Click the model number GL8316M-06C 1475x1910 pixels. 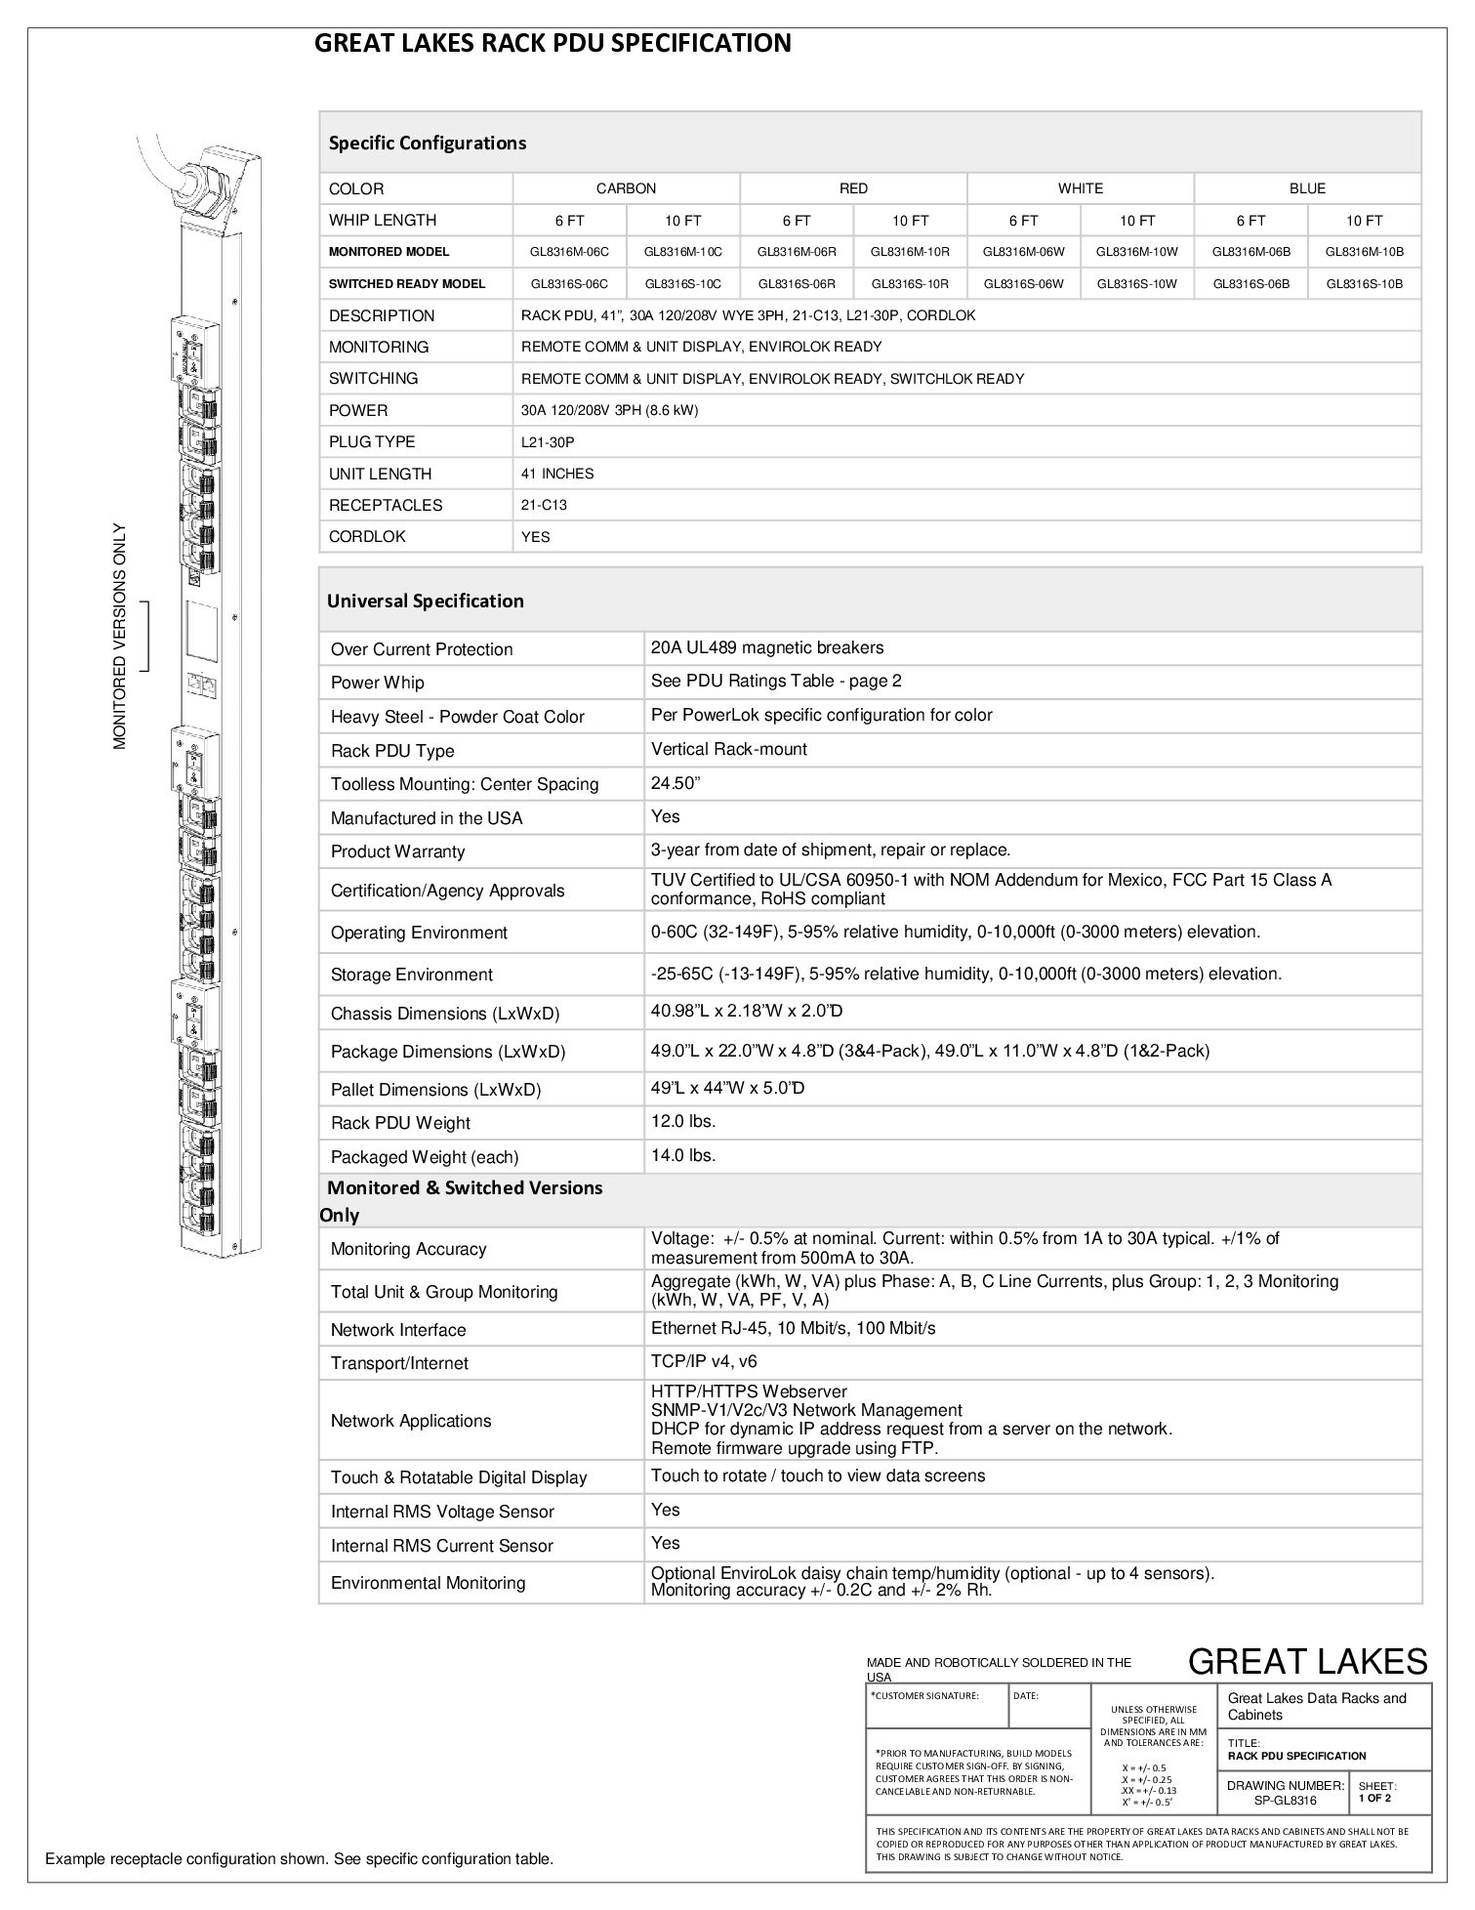(569, 252)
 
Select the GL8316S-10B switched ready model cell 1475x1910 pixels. (1364, 284)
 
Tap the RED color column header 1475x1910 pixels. (853, 188)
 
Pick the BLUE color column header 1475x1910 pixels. (1307, 188)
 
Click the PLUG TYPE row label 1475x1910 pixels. (372, 442)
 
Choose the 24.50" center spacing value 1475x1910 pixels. (676, 783)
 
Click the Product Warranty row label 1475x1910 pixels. (397, 851)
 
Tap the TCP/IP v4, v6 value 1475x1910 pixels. (704, 1361)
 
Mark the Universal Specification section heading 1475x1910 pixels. (426, 601)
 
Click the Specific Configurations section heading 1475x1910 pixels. (428, 143)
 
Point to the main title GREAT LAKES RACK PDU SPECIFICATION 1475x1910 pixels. (553, 43)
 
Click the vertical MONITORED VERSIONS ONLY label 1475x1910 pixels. (120, 637)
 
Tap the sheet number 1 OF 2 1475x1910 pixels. (1374, 1798)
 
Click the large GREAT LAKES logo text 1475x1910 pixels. (1307, 1661)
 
